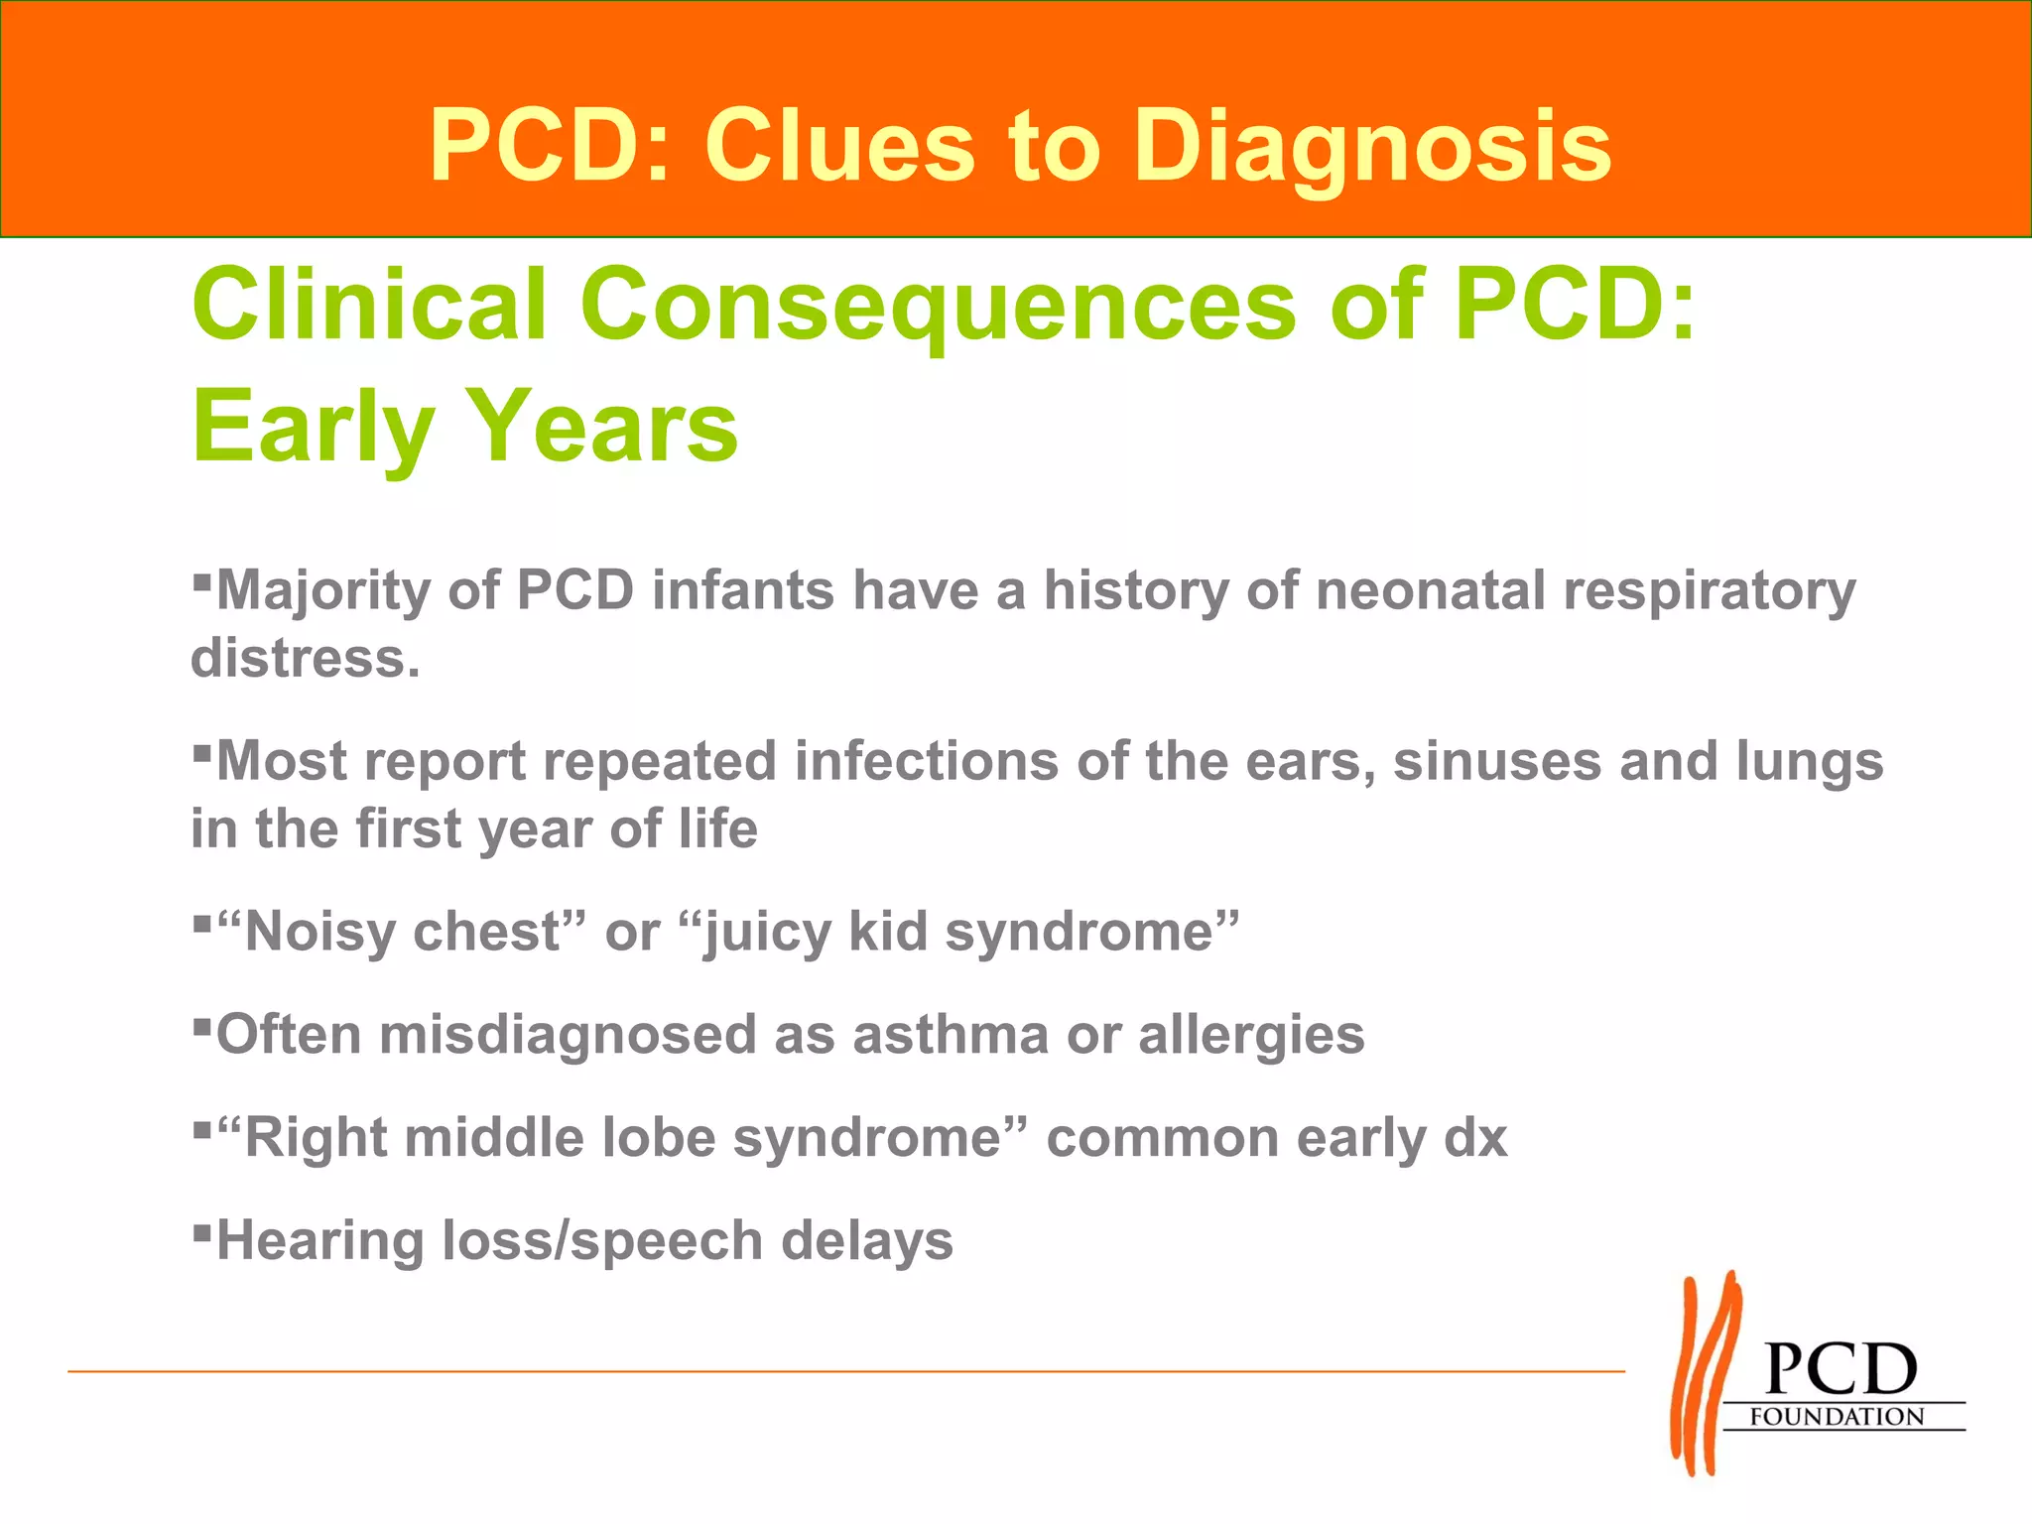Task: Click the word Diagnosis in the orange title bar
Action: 1372,149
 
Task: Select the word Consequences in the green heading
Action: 938,305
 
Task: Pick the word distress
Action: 306,658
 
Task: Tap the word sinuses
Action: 1496,762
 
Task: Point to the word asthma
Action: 950,1035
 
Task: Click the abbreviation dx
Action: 1475,1138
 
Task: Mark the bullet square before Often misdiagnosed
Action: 201,1023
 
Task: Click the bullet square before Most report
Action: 201,750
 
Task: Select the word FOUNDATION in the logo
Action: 1837,1417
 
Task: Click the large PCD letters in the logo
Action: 1841,1369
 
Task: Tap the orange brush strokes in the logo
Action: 1706,1374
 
